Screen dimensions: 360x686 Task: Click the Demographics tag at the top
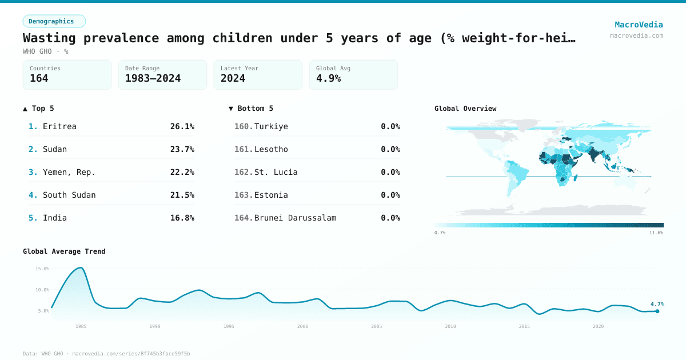click(54, 21)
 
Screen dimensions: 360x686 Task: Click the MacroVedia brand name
click(639, 25)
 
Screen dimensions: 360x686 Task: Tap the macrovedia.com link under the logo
click(636, 35)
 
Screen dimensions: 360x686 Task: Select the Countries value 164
click(39, 78)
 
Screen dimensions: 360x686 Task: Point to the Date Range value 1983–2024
click(153, 78)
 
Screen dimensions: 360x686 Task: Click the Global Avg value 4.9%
click(328, 78)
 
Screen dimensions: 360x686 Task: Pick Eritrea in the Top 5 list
click(59, 126)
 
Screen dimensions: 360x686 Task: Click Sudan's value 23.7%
click(182, 149)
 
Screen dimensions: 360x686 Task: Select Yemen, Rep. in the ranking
click(69, 172)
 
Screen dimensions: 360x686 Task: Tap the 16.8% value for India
click(182, 218)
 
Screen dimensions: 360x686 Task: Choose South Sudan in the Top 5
click(69, 195)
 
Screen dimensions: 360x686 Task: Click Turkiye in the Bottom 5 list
click(271, 126)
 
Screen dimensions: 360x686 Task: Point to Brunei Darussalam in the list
click(295, 218)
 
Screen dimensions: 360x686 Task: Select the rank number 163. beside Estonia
click(244, 195)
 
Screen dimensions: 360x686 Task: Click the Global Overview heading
click(465, 109)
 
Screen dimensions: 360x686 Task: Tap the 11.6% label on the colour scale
click(656, 233)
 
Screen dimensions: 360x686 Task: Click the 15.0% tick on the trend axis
click(42, 269)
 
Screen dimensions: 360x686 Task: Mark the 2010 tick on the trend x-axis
click(450, 326)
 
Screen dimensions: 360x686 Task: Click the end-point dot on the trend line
click(657, 311)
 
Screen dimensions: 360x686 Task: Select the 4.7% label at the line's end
click(657, 305)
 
